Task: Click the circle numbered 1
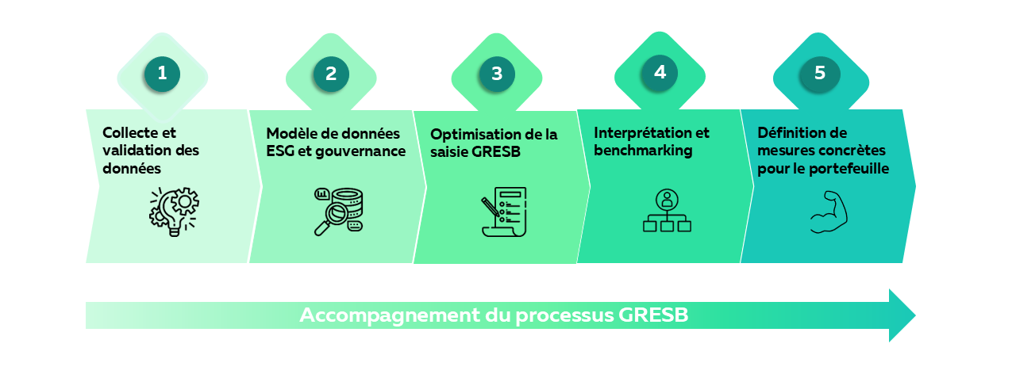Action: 162,74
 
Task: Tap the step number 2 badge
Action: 331,74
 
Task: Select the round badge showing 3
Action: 497,74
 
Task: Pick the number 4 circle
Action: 660,73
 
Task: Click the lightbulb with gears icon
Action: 174,212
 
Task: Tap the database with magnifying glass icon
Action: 339,212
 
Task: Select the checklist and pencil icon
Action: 504,212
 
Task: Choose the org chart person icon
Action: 667,211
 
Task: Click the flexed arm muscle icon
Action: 829,212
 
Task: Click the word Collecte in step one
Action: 130,133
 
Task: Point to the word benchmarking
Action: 643,151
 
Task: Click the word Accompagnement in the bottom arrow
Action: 390,315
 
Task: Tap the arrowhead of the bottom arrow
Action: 902,315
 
